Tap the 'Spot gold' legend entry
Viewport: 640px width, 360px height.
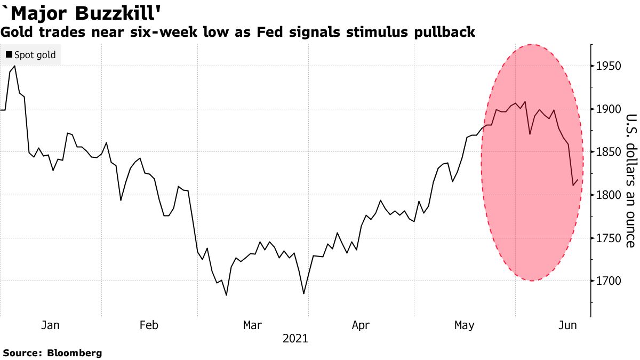pos(31,55)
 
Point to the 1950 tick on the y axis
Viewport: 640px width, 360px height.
pos(609,66)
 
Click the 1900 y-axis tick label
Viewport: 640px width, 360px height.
pos(609,109)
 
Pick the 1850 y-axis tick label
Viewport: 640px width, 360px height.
pos(609,152)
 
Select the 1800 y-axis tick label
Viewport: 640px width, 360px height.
pos(609,195)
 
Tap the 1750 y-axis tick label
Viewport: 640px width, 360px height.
pos(609,238)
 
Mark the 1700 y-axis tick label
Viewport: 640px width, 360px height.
pos(609,281)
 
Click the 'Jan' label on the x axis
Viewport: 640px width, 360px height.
pos(50,325)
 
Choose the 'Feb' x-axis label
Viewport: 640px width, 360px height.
pos(148,325)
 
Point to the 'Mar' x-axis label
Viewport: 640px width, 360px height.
pos(252,325)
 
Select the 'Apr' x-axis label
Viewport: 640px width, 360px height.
pos(361,325)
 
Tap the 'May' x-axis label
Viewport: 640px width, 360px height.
pos(464,325)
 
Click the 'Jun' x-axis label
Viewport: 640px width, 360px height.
pos(567,325)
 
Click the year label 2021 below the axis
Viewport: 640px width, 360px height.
pos(295,339)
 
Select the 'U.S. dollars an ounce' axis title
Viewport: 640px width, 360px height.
pos(630,181)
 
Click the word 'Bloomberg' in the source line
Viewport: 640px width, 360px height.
pos(75,353)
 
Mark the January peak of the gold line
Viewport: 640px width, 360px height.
pos(14,66)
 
